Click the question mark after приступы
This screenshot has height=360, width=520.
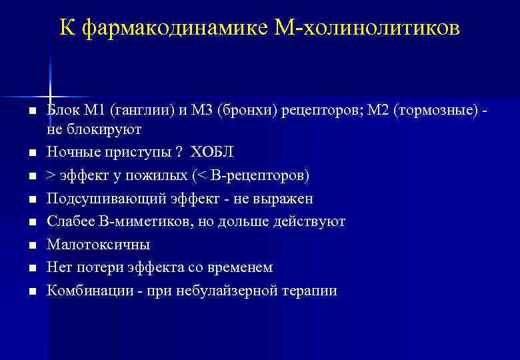[178, 151]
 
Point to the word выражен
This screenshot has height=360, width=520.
[284, 199]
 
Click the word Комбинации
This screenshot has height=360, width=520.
[85, 291]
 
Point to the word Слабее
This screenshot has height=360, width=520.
[69, 221]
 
